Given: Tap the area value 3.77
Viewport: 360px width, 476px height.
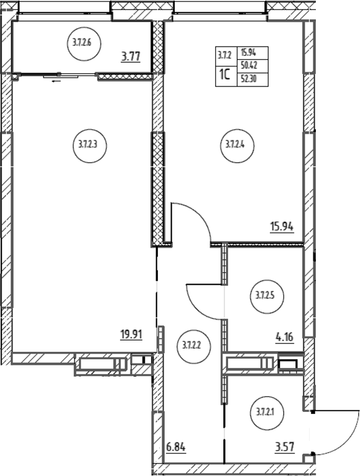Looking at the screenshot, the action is click(131, 57).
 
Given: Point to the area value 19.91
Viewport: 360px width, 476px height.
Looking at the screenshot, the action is click(131, 335).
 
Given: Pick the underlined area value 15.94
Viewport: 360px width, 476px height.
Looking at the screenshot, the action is click(282, 227).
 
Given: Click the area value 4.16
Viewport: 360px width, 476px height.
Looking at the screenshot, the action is click(285, 337).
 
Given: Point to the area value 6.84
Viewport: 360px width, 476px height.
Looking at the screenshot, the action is click(176, 447).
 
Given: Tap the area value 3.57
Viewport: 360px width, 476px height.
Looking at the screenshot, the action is click(285, 447).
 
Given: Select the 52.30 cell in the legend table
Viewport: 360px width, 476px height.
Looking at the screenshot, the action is click(253, 80).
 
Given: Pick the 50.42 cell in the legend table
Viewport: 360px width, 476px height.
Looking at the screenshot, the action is click(253, 66).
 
